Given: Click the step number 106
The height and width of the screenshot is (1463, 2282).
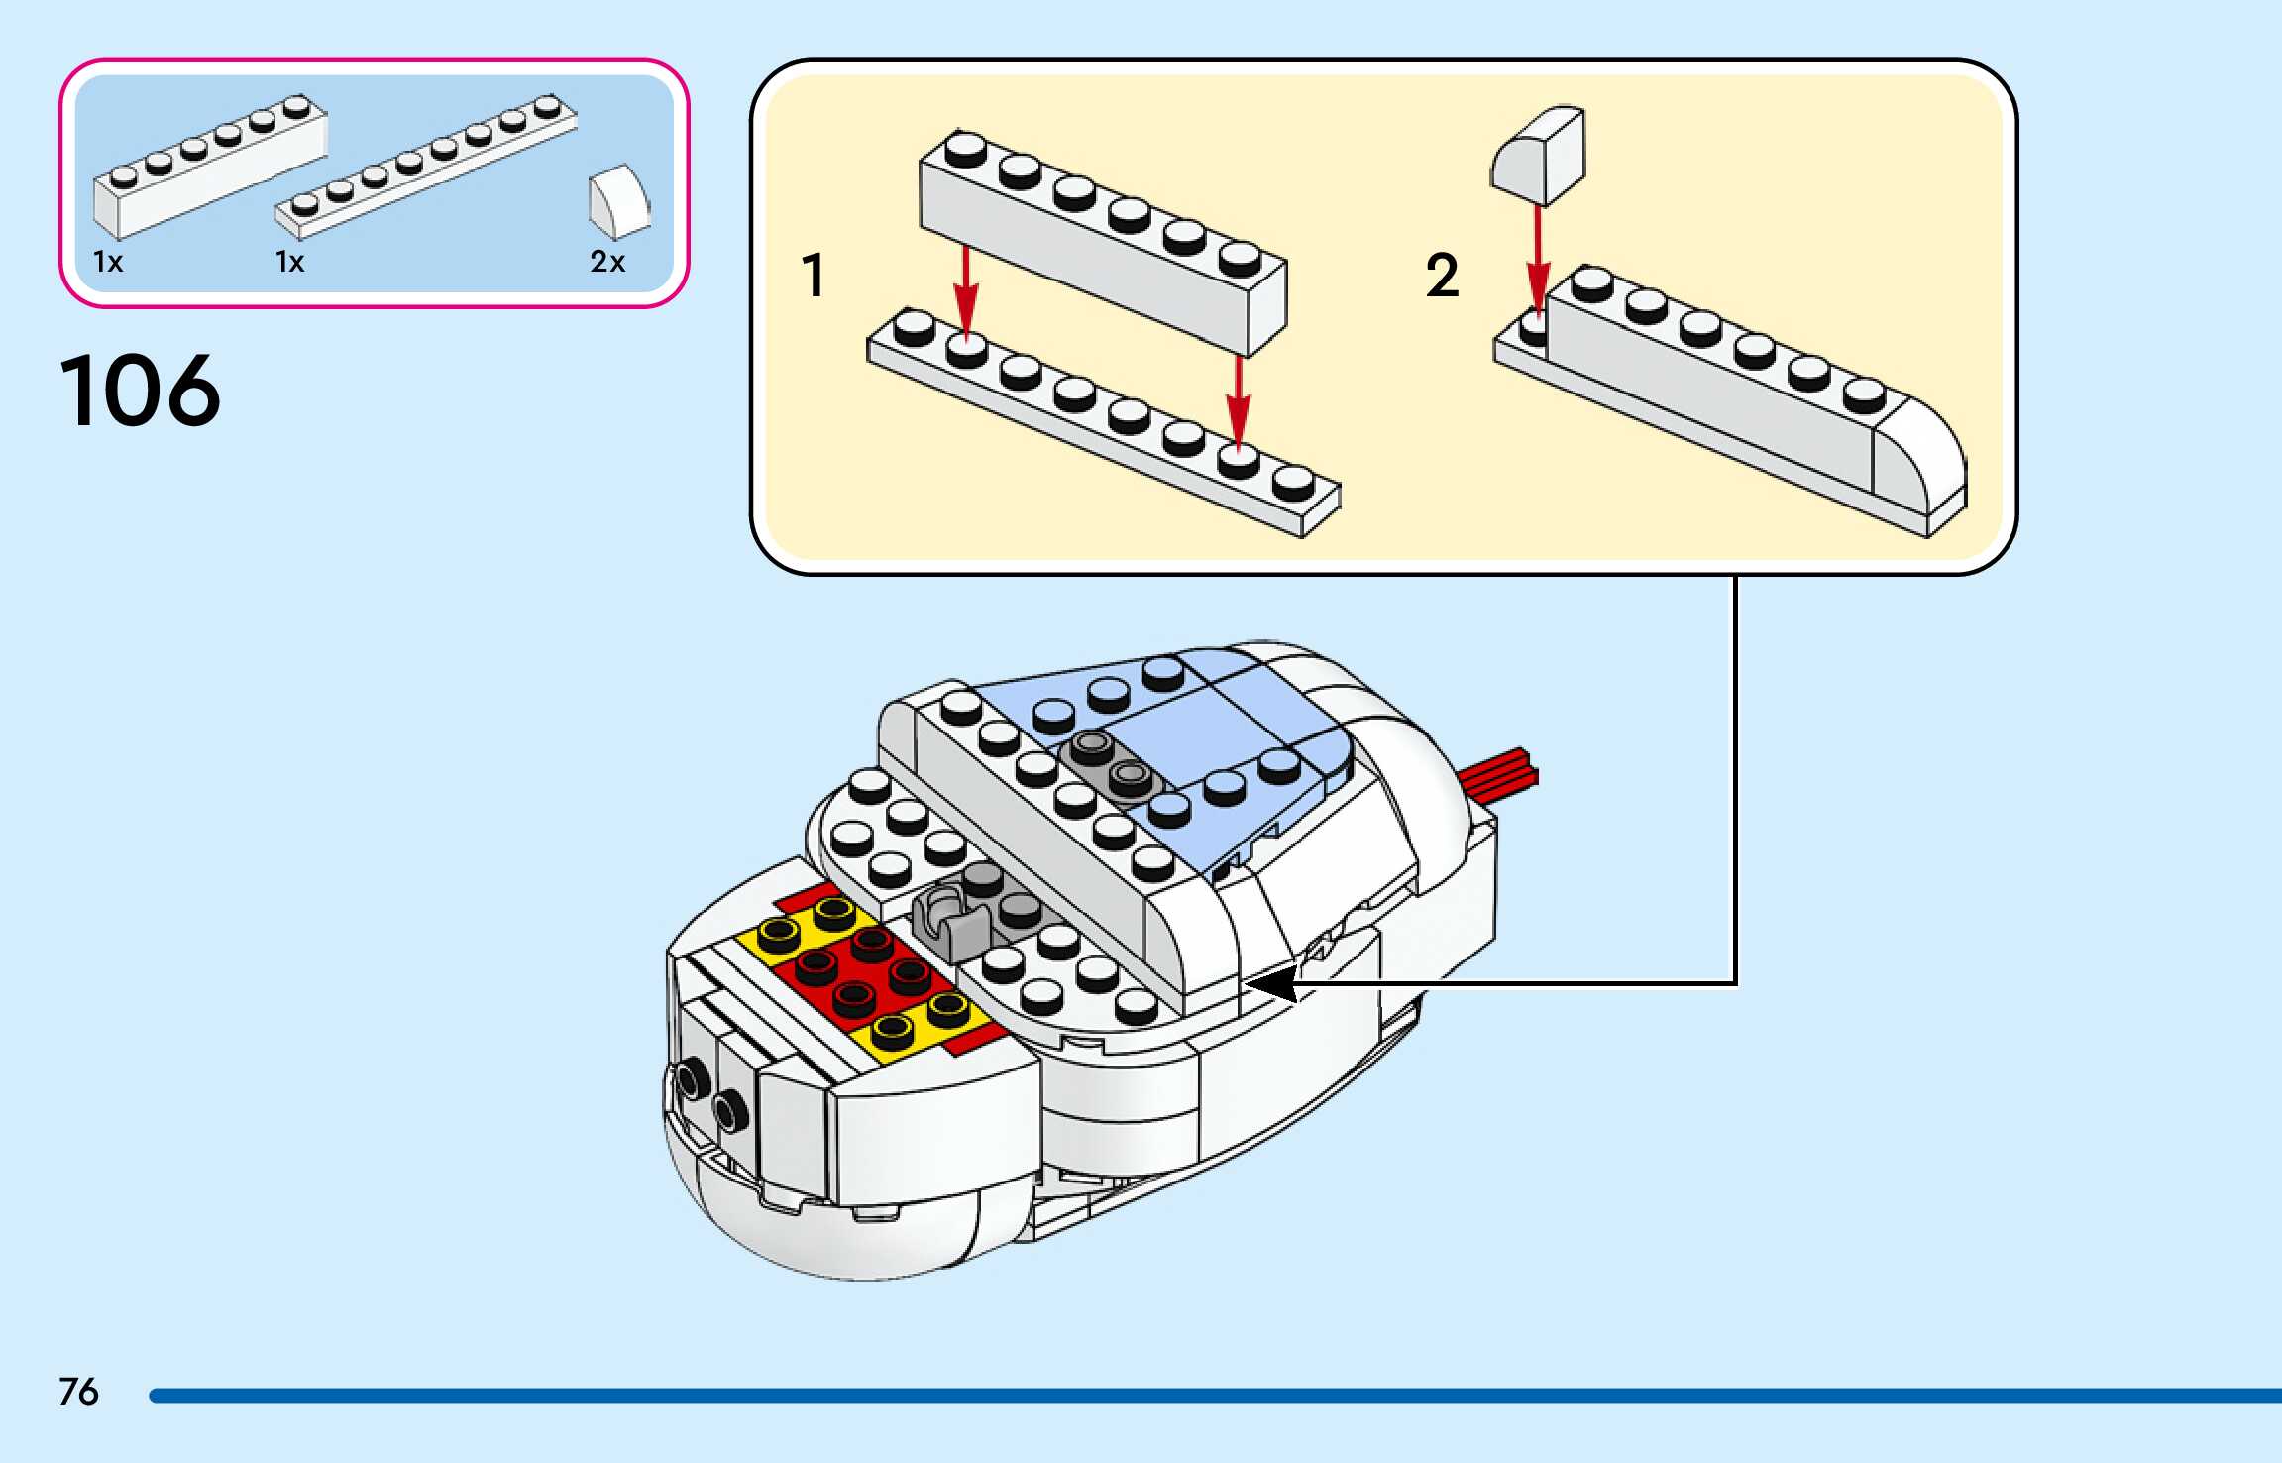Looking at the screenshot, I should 141,392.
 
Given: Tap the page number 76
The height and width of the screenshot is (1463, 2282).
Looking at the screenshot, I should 79,1391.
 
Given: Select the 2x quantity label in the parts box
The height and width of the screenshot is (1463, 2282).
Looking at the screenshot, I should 607,262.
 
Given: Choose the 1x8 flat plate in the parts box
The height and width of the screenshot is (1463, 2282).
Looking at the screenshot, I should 426,166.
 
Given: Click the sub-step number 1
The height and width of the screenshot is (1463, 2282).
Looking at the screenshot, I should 814,276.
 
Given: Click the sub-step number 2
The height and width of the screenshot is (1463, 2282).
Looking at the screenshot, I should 1442,276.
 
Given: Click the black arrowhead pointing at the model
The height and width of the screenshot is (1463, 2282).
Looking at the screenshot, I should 1273,984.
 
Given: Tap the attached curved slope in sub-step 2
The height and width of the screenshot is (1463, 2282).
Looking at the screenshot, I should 1919,460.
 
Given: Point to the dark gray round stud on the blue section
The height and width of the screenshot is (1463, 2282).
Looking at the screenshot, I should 1092,746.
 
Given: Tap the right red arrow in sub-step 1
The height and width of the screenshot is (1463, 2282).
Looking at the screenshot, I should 1239,401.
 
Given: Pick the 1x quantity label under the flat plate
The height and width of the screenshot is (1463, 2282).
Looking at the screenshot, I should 289,262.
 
